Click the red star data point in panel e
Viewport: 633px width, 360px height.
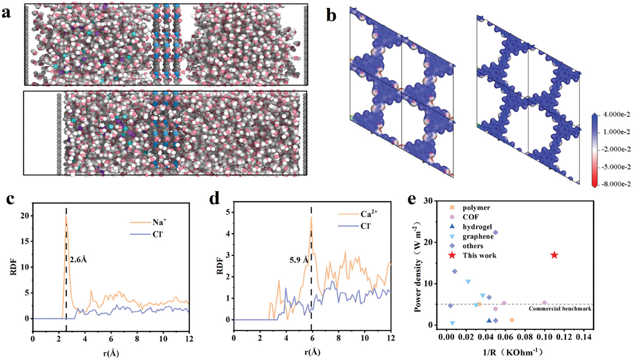[554, 255]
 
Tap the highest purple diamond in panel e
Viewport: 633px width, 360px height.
[495, 232]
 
